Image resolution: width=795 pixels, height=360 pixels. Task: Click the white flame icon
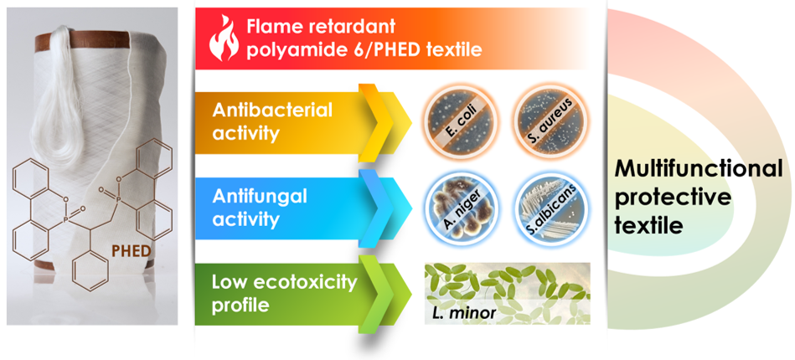coord(223,39)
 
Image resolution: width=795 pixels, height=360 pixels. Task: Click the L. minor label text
coord(462,313)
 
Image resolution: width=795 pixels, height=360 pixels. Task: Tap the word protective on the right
coord(674,198)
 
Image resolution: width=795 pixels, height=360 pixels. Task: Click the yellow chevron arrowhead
coord(382,123)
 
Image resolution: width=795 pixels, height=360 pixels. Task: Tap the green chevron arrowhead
coord(382,295)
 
